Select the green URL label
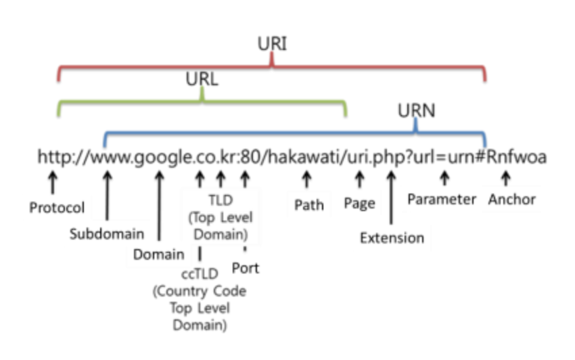202,79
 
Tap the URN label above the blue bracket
416,110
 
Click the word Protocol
57,207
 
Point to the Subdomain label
107,234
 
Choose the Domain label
158,254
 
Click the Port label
245,268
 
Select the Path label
308,204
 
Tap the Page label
359,203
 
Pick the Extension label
392,238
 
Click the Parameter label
442,200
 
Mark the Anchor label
511,200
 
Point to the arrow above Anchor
505,179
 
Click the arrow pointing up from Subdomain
108,197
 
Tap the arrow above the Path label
306,179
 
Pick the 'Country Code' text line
200,291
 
